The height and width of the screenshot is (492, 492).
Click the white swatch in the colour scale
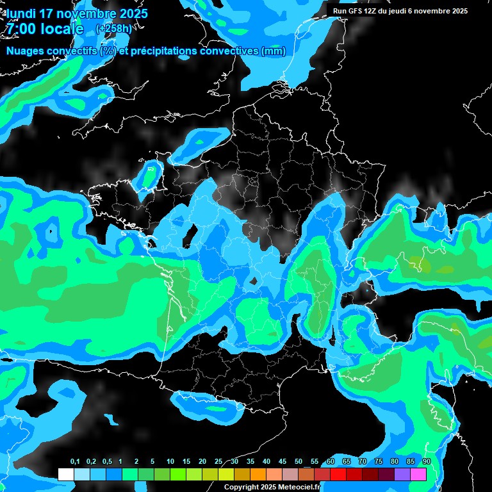tap(65, 474)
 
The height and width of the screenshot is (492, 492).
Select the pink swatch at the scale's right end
tap(418, 474)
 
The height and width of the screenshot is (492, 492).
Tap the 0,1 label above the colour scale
tap(74, 462)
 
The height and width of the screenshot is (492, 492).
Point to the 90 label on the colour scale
tap(426, 462)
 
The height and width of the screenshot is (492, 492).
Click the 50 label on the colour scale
tap(299, 462)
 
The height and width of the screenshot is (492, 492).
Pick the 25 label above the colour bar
tap(218, 462)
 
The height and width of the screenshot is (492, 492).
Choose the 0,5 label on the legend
tap(106, 462)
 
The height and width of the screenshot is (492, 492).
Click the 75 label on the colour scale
tap(378, 462)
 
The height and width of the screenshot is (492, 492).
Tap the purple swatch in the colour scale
tap(402, 474)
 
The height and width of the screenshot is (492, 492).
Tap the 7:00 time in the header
tap(22, 29)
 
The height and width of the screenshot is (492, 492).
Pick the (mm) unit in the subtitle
tap(274, 51)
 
